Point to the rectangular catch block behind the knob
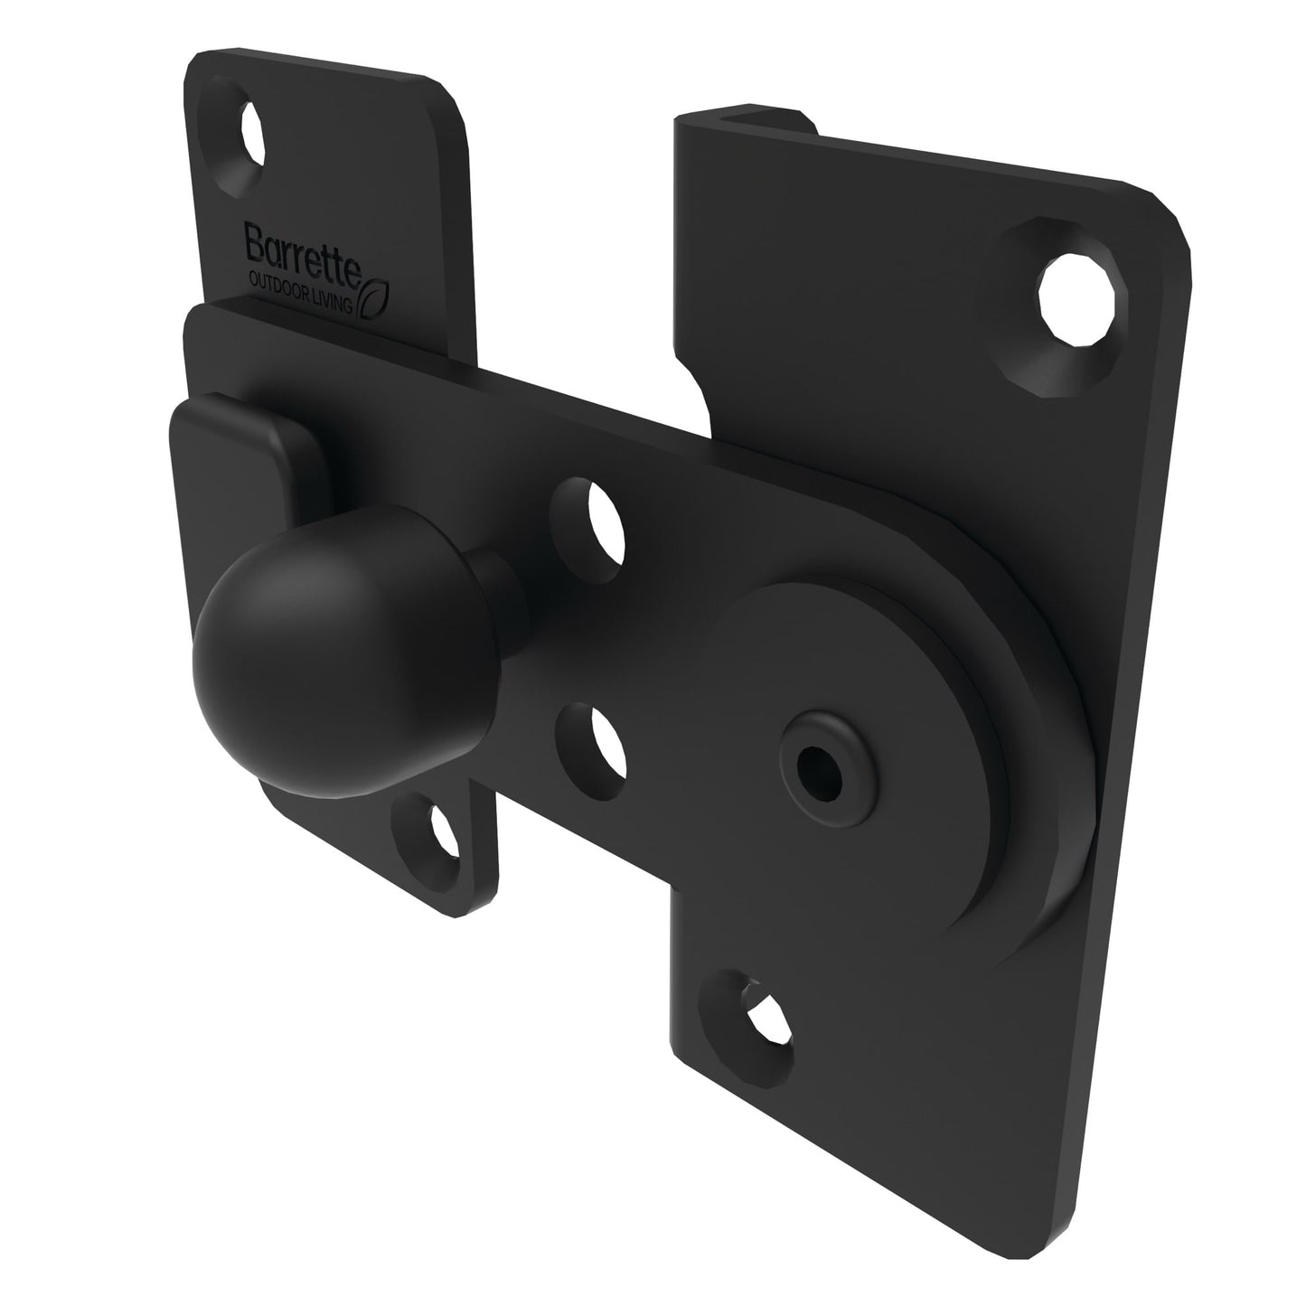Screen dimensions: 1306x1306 pyautogui.click(x=237, y=452)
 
